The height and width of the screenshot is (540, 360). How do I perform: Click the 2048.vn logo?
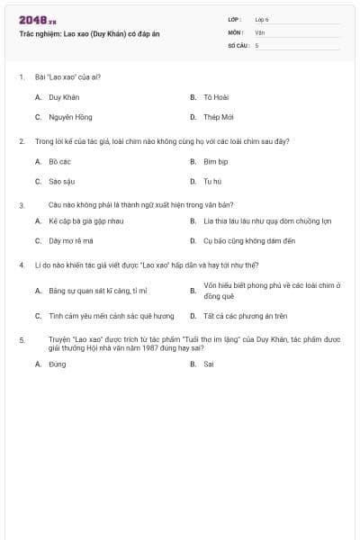pyautogui.click(x=37, y=19)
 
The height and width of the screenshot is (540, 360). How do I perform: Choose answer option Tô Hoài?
pyautogui.click(x=212, y=96)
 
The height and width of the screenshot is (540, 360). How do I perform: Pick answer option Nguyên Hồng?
pyautogui.click(x=70, y=117)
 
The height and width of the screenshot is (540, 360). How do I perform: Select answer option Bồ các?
pyautogui.click(x=59, y=162)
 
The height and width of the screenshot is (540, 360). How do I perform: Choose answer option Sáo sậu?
pyautogui.click(x=61, y=182)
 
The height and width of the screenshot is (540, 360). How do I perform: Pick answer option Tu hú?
pyautogui.click(x=211, y=182)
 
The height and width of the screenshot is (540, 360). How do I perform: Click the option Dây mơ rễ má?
pyautogui.click(x=71, y=241)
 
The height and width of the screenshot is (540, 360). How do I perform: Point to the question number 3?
pyautogui.click(x=21, y=205)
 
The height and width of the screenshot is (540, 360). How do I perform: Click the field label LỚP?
pyautogui.click(x=235, y=19)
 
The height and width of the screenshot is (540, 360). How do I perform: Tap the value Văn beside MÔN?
pyautogui.click(x=259, y=31)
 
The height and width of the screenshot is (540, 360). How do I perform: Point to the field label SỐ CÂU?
pyautogui.click(x=238, y=45)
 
